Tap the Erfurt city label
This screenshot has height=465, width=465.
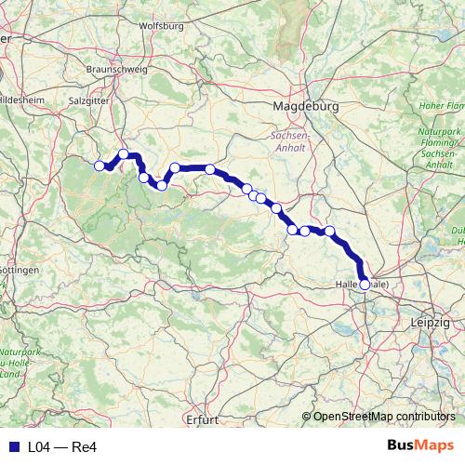pyautogui.click(x=200, y=419)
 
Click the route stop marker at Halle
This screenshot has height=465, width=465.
pyautogui.click(x=365, y=285)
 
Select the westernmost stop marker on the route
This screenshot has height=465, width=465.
pyautogui.click(x=100, y=166)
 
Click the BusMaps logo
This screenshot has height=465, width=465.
pyautogui.click(x=420, y=446)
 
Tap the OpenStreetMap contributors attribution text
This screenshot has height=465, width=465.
pyautogui.click(x=384, y=416)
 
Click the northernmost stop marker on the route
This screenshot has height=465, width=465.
pyautogui.click(x=124, y=154)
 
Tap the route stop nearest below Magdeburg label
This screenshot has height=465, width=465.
pyautogui.click(x=210, y=169)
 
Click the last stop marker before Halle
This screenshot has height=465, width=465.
pyautogui.click(x=329, y=231)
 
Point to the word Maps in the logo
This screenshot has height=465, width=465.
pyautogui.click(x=436, y=446)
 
